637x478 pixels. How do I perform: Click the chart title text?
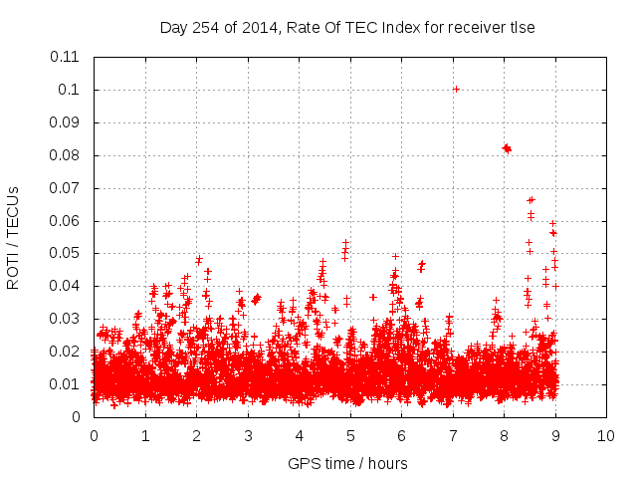[x=347, y=28]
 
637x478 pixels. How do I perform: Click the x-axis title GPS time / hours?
[x=347, y=463]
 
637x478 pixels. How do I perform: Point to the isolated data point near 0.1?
[x=456, y=89]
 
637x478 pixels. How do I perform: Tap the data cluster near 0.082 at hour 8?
[x=507, y=148]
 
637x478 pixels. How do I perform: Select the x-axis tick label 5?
[x=350, y=436]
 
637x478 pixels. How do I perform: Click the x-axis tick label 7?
[x=453, y=436]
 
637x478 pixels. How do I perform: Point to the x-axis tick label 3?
[x=248, y=436]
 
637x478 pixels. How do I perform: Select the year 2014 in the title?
[x=253, y=28]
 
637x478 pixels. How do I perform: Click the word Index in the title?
[x=403, y=28]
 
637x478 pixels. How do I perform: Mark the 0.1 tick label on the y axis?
[x=70, y=90]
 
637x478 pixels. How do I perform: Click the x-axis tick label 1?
[x=145, y=436]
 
